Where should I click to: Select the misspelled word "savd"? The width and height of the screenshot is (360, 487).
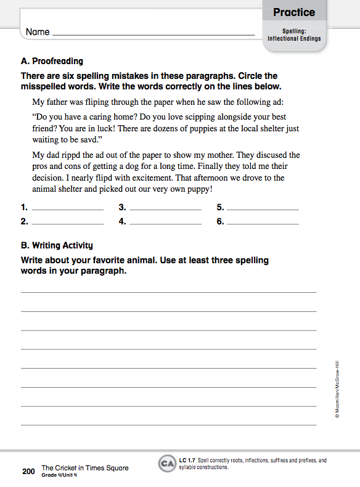92,139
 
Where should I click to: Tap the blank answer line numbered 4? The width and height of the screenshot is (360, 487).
165,223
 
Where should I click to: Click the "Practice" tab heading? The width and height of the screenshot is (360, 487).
294,12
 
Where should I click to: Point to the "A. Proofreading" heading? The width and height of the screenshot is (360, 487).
52,61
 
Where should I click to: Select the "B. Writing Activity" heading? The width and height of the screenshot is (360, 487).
57,245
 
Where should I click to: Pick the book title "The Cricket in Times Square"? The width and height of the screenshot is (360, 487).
85,468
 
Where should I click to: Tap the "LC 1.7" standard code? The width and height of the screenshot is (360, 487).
187,460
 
